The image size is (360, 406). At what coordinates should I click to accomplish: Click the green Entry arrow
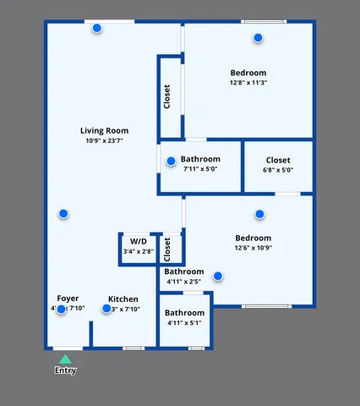tap(65, 359)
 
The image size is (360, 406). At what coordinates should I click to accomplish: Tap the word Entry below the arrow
tap(65, 370)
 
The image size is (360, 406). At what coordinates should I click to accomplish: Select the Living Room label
tap(104, 130)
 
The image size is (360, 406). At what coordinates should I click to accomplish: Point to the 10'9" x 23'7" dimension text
tap(104, 141)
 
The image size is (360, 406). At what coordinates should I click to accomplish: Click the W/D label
tap(138, 241)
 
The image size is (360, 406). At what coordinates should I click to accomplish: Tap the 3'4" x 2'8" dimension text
tap(138, 251)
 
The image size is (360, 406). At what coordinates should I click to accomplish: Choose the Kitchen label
tap(123, 299)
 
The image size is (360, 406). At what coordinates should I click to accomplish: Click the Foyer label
tap(68, 299)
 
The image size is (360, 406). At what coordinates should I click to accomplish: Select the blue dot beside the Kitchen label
tap(106, 309)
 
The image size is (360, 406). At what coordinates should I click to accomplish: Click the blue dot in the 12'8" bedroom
tap(258, 37)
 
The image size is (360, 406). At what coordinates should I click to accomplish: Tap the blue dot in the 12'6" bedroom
tap(259, 214)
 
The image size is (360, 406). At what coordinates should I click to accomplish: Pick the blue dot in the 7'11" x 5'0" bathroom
tap(171, 161)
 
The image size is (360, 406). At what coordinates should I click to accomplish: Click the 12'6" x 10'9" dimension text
tap(253, 249)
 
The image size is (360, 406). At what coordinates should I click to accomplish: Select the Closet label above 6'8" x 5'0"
tap(278, 160)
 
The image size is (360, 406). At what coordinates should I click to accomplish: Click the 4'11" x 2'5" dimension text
tap(183, 282)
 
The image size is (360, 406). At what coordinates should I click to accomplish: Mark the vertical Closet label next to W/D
tap(167, 248)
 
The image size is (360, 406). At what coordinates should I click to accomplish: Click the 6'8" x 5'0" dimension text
tap(278, 170)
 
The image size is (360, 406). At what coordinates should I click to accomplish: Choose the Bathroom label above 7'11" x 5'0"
tap(200, 159)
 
